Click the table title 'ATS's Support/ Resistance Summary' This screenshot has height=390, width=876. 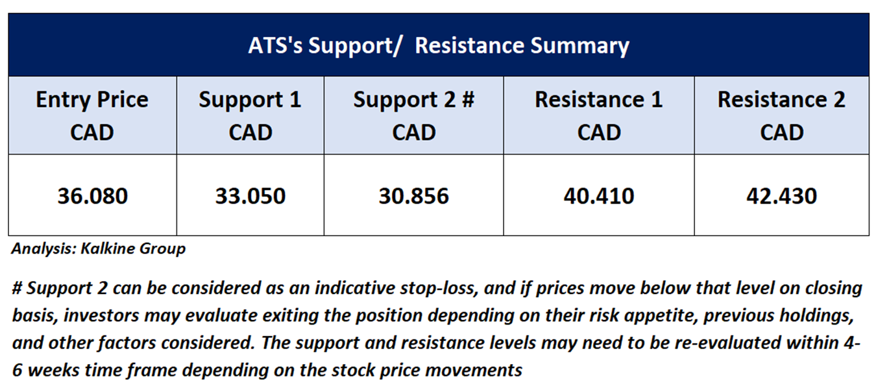click(439, 46)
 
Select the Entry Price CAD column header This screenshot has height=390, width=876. click(92, 116)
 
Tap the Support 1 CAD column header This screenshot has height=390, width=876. click(250, 116)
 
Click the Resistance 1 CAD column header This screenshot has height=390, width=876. click(599, 116)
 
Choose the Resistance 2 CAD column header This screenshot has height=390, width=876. click(781, 116)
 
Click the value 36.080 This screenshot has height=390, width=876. click(93, 196)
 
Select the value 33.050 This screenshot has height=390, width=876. click(250, 196)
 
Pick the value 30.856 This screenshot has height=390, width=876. click(414, 196)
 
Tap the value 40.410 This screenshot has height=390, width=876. click(599, 196)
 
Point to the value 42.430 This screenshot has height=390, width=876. click(781, 196)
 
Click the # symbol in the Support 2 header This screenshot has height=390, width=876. click(468, 99)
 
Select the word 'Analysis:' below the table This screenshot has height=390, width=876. click(44, 249)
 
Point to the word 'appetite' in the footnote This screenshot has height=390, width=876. click(661, 315)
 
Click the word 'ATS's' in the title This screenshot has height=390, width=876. click(275, 45)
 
